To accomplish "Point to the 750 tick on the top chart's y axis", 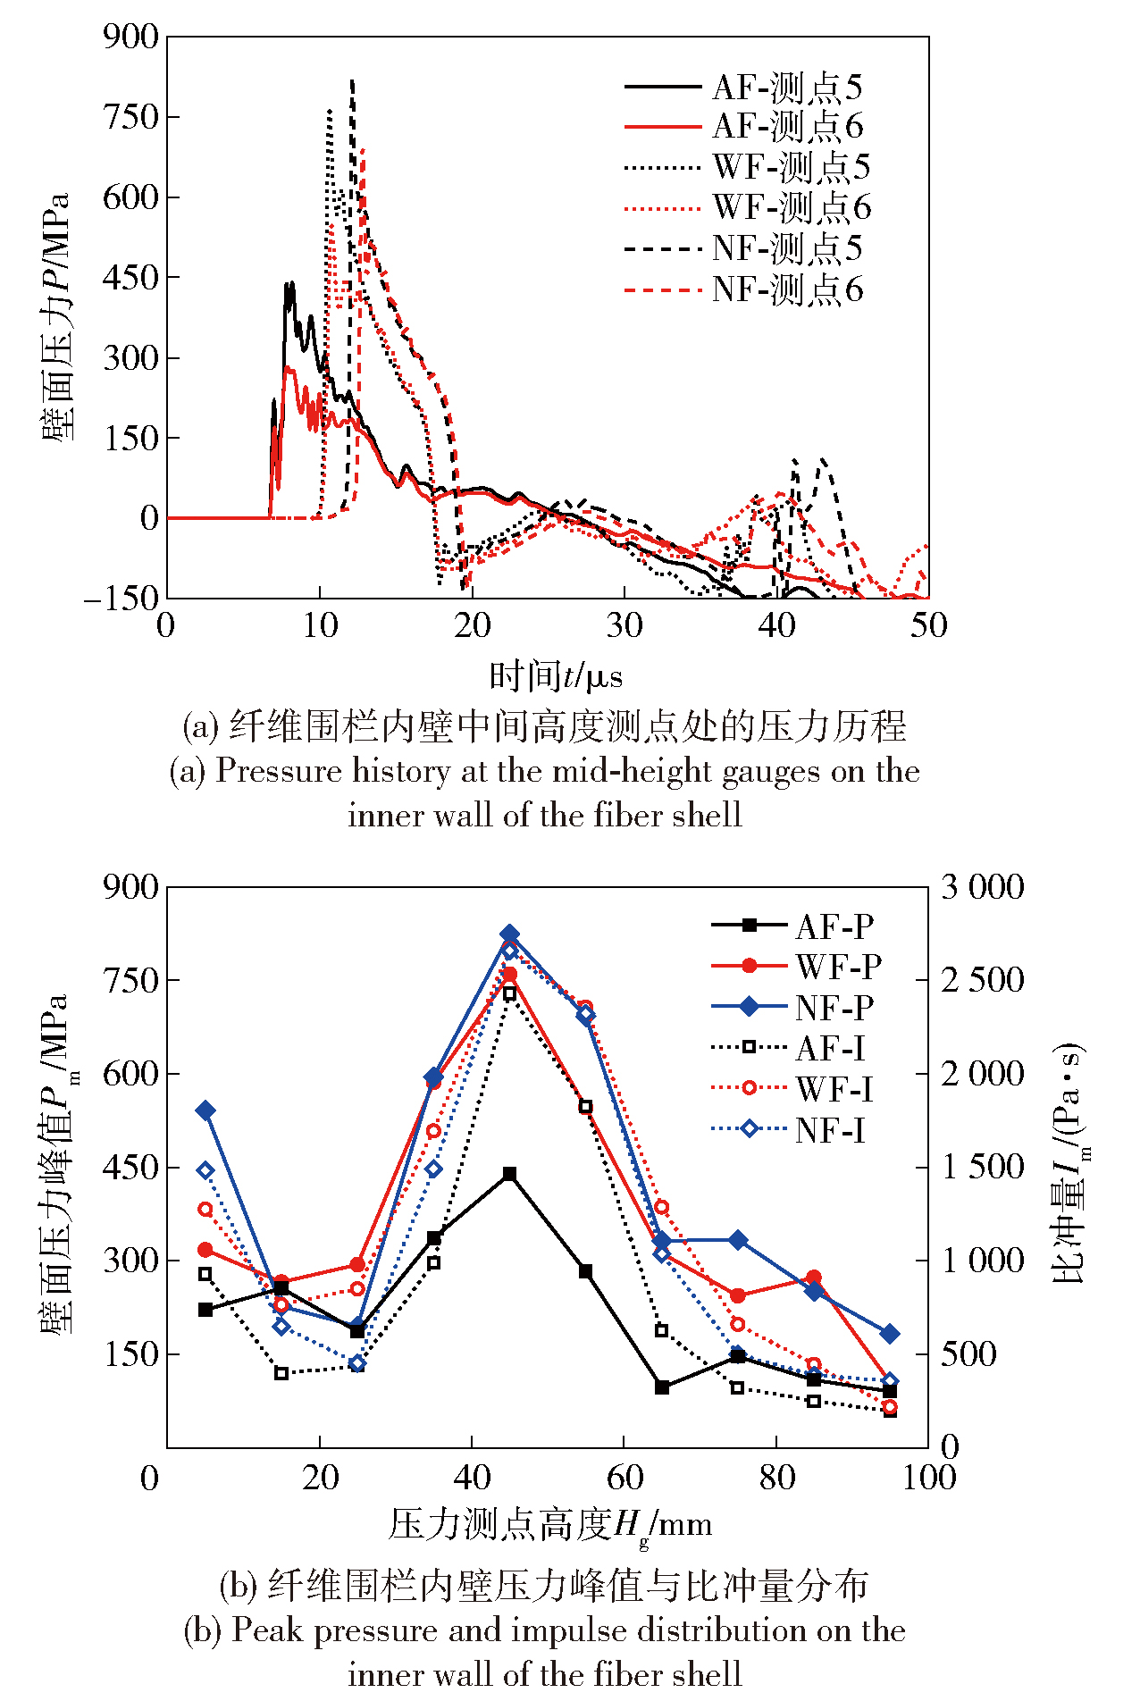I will click(x=130, y=116).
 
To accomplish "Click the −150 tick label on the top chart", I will click(x=122, y=599).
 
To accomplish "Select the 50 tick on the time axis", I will click(x=928, y=625).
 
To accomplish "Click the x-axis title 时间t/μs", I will click(x=555, y=676).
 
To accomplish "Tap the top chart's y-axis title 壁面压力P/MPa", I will click(x=55, y=317).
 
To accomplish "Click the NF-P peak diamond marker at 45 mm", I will click(x=509, y=934).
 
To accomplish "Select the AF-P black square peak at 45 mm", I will click(x=509, y=1174).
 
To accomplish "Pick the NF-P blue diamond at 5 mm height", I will click(x=205, y=1110).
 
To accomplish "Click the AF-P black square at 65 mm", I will click(x=662, y=1387).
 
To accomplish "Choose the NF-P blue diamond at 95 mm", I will click(x=890, y=1334).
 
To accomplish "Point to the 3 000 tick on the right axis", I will click(x=983, y=887).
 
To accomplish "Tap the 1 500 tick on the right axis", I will click(x=983, y=1167).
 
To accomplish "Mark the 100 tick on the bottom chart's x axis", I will click(x=928, y=1478).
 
